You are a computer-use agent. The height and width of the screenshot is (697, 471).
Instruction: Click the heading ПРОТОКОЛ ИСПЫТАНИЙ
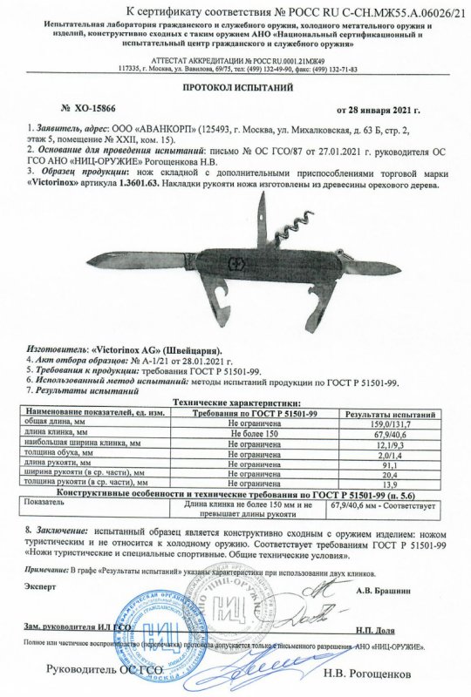pos(236,88)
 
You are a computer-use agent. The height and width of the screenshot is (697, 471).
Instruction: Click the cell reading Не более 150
pos(246,433)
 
